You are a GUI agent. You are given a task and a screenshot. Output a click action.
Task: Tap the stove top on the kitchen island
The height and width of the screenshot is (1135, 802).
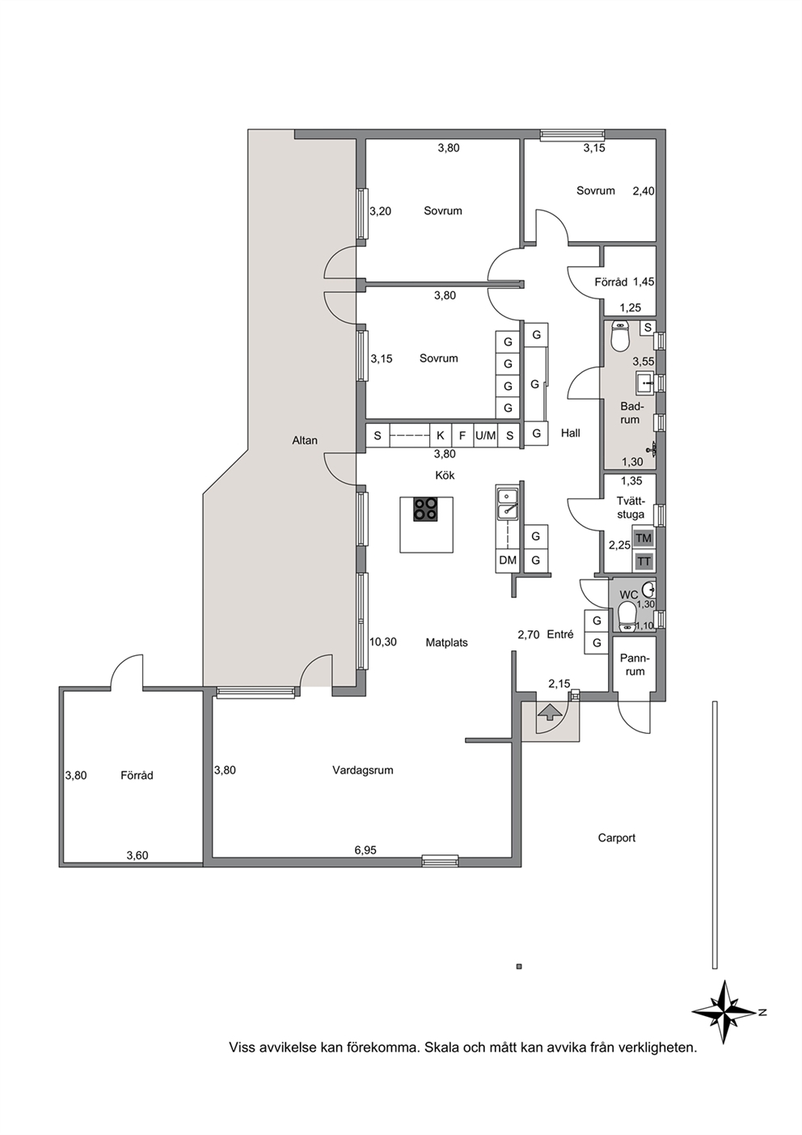coord(425,510)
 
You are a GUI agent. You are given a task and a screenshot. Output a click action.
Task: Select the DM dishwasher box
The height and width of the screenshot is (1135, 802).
coord(508,560)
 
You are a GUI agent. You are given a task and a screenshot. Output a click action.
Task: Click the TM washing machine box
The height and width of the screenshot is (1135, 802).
coord(644,538)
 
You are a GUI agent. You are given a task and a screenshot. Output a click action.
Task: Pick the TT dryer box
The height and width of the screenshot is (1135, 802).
coord(644,561)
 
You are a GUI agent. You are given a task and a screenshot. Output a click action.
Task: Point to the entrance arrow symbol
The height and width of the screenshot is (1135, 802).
coord(549,713)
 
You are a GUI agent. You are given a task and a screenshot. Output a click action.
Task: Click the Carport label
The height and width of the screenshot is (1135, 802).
coord(616,837)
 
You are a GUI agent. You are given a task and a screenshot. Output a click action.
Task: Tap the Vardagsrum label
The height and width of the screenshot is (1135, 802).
coord(362,770)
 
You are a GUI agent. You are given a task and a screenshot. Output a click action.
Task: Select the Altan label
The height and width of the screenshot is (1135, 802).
coord(305,440)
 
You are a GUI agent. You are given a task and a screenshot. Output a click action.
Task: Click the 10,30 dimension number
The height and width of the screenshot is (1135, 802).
coord(382,642)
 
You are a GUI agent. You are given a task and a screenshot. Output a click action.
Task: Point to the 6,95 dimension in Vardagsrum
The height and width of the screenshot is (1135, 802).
coord(365,850)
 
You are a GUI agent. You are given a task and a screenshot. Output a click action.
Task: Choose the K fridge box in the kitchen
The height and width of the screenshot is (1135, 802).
coord(440,435)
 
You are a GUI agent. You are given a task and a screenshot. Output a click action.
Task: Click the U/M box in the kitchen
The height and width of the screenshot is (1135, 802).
coord(486,435)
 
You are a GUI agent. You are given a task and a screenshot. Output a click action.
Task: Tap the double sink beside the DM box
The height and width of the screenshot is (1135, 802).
coord(507,504)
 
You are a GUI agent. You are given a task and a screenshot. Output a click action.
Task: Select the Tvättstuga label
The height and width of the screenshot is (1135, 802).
coord(631,508)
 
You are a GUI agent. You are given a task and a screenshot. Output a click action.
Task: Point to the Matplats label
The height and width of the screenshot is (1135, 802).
coord(446,643)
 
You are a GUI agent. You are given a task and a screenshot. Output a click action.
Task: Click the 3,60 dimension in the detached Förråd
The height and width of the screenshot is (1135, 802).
coord(137,855)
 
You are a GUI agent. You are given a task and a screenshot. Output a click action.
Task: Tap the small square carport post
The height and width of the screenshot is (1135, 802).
coord(519,966)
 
